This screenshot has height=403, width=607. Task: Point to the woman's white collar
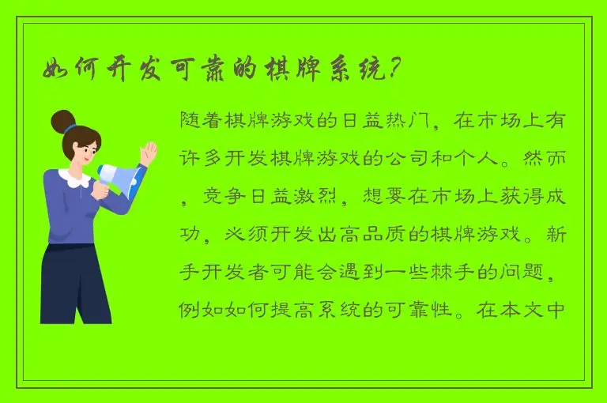pyautogui.click(x=75, y=177)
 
